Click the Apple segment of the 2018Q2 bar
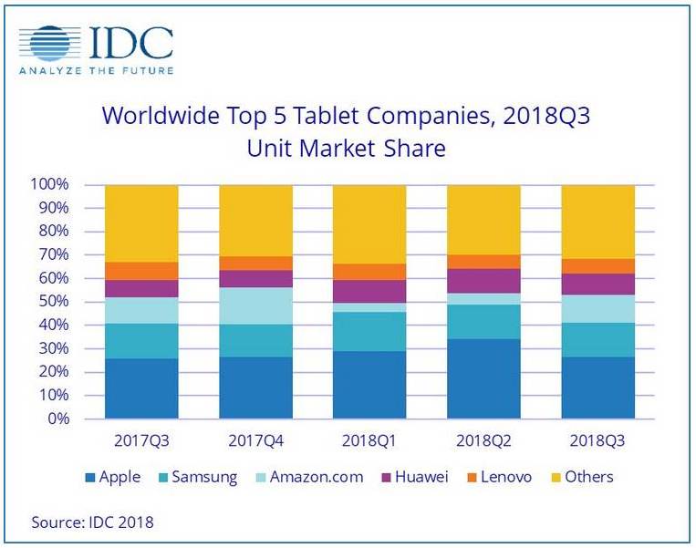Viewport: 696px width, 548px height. (x=483, y=378)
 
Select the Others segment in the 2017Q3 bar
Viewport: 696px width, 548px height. (x=141, y=223)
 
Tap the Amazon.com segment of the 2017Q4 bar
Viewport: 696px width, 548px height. (x=255, y=305)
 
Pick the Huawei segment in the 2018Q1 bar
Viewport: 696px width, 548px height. (x=369, y=291)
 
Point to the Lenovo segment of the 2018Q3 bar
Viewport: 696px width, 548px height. (x=597, y=265)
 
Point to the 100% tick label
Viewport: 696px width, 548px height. (x=50, y=185)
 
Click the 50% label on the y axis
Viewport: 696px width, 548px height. (x=54, y=302)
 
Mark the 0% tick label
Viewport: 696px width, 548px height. (x=57, y=419)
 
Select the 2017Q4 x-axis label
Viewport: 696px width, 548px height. (x=255, y=439)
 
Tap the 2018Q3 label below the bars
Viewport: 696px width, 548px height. (x=597, y=439)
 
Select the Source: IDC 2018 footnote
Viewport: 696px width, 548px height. (x=92, y=522)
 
